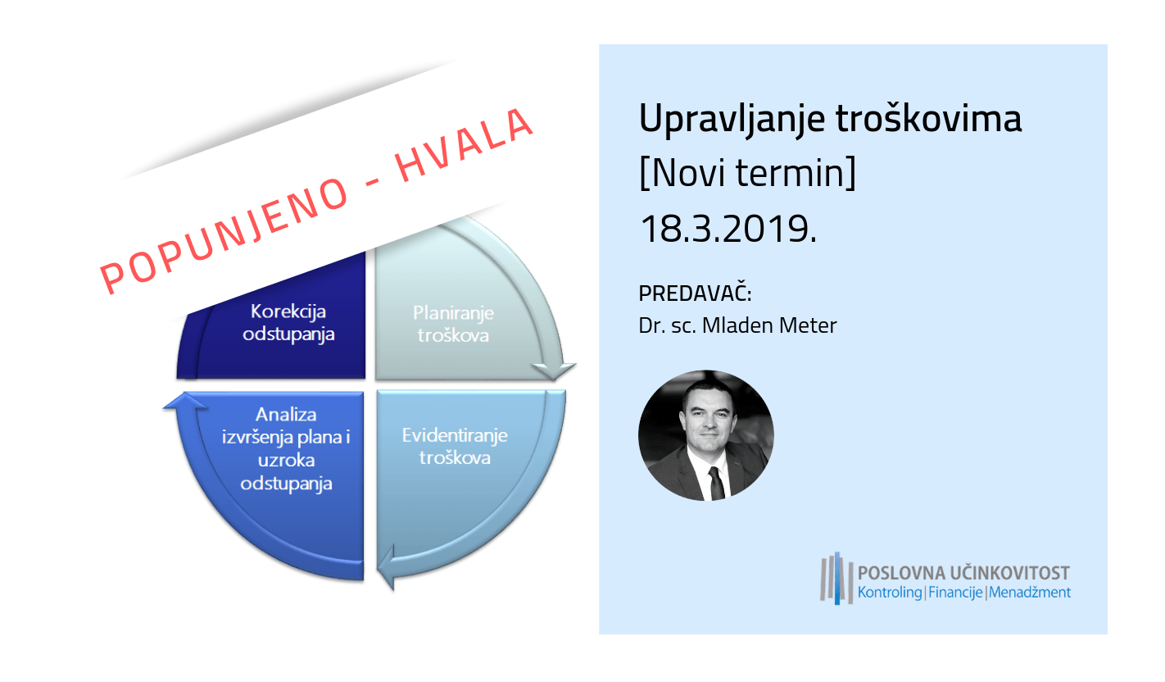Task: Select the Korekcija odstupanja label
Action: [x=288, y=323]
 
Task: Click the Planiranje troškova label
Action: [x=454, y=324]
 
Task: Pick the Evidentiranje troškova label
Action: [x=455, y=447]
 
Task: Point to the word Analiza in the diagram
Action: [x=286, y=415]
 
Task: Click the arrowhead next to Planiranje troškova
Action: [x=553, y=371]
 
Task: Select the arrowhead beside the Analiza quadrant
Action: [x=184, y=401]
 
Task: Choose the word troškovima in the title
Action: [x=929, y=119]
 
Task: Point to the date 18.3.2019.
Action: [x=728, y=229]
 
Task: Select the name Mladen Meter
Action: [x=769, y=325]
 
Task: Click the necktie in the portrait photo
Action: [x=716, y=484]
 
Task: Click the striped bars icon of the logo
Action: [x=836, y=579]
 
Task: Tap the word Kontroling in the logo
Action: [x=890, y=593]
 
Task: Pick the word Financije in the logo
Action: [x=955, y=593]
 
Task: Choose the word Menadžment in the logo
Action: [x=1029, y=593]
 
